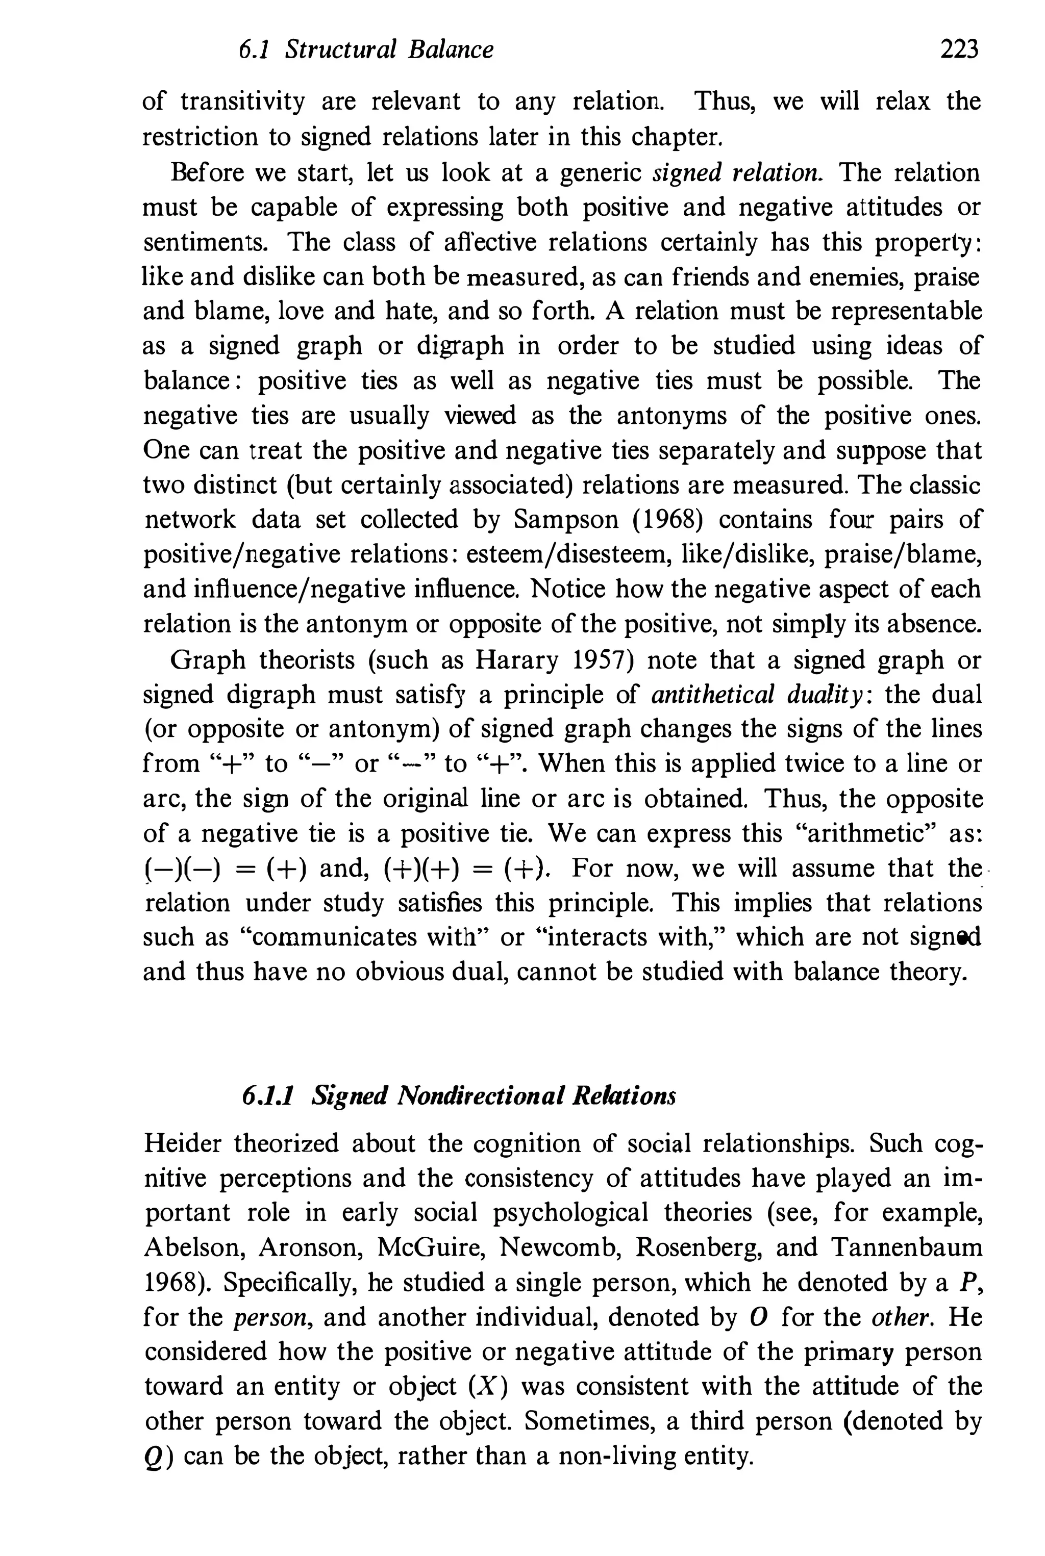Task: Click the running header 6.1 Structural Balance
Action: pos(366,50)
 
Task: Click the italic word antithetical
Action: pos(712,695)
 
